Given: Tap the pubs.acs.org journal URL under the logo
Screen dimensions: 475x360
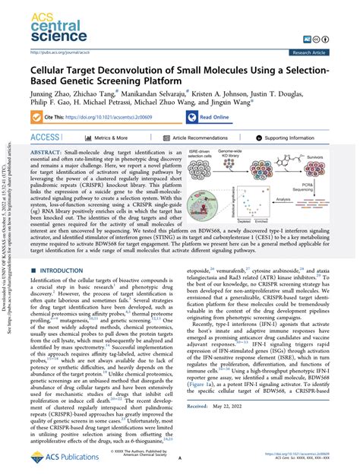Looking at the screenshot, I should point(57,52).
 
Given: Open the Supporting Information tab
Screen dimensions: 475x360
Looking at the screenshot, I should point(297,138).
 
